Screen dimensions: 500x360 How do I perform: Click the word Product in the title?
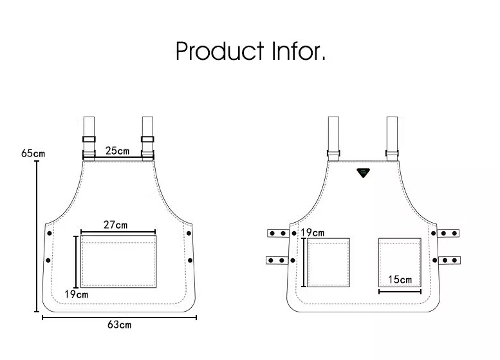coord(219,51)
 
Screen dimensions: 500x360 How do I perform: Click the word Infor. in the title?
coord(299,51)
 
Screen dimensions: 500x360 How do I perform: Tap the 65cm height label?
coord(33,153)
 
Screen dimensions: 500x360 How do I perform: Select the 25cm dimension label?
coord(117,151)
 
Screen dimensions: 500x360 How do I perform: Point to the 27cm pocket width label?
coord(115,225)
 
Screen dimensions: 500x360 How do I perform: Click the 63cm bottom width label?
coord(119,325)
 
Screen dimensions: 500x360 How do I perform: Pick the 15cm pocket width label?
coord(400,279)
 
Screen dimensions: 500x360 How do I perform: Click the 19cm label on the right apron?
coord(313,232)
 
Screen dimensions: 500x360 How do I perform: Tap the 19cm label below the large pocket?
coord(76,294)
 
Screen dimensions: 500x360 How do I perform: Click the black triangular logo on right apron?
coord(363,173)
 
